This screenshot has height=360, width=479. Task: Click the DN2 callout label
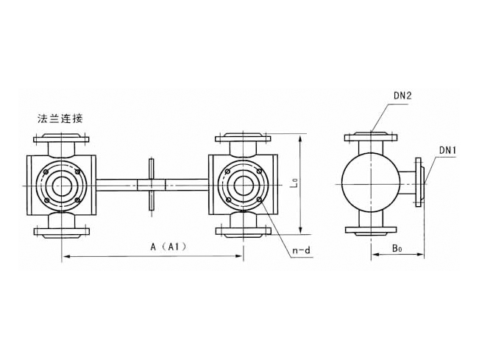pyautogui.click(x=402, y=96)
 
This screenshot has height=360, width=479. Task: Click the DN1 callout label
pyautogui.click(x=447, y=150)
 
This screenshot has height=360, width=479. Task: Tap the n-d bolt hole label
pyautogui.click(x=301, y=251)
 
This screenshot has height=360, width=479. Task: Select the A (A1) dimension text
pyautogui.click(x=168, y=247)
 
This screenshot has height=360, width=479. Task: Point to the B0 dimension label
pyautogui.click(x=397, y=248)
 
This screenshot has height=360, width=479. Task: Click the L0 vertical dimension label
pyautogui.click(x=294, y=183)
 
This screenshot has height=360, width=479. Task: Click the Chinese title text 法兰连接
pyautogui.click(x=60, y=119)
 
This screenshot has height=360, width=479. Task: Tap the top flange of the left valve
pyautogui.click(x=61, y=138)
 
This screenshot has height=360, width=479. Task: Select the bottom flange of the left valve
pyautogui.click(x=61, y=232)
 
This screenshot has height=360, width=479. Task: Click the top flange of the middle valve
pyautogui.click(x=243, y=138)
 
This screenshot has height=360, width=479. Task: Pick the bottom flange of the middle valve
pyautogui.click(x=243, y=232)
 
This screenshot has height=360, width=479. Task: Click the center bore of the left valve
pyautogui.click(x=61, y=186)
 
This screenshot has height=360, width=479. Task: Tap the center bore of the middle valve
pyautogui.click(x=243, y=186)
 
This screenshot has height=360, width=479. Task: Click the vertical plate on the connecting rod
pyautogui.click(x=152, y=185)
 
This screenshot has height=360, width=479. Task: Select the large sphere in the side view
pyautogui.click(x=371, y=184)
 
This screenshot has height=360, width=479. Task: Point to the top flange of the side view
pyautogui.click(x=371, y=137)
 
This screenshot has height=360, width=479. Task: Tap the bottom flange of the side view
pyautogui.click(x=371, y=230)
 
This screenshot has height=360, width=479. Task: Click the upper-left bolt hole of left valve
pyautogui.click(x=46, y=172)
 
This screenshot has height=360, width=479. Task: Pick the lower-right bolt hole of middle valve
pyautogui.click(x=259, y=200)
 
